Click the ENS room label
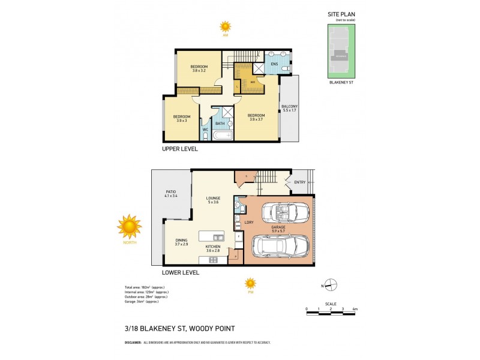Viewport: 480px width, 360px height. pos(274,63)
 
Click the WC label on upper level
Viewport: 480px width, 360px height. pos(205,129)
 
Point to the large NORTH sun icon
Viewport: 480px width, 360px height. pos(129,226)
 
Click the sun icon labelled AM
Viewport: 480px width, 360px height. pos(225,26)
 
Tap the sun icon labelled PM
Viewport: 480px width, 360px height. pos(250,283)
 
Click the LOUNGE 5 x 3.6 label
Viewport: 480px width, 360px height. pos(214,200)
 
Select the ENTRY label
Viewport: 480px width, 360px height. pos(299,182)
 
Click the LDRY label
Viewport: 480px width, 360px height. pos(250,223)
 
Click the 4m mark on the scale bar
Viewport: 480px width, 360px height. pos(355,309)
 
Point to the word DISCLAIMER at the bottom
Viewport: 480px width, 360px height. pos(133,343)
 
